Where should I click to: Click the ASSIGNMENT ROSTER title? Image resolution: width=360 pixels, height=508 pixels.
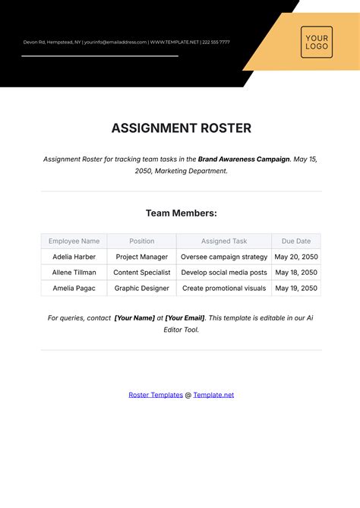pos(181,128)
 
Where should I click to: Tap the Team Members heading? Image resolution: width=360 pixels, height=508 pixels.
pos(181,213)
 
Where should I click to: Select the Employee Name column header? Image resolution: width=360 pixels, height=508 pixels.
pos(74,241)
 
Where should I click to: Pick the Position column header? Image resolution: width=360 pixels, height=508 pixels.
pos(141,241)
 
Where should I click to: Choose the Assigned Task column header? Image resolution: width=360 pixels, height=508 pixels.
pos(224,241)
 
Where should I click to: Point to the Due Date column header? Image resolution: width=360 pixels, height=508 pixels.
pos(296,241)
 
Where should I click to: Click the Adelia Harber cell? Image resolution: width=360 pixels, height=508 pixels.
pos(74,257)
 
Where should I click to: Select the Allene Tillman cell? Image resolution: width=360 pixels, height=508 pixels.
pos(74,273)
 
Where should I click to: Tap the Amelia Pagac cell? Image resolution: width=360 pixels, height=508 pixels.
pos(74,289)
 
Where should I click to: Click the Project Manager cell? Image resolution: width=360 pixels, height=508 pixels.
pos(141,257)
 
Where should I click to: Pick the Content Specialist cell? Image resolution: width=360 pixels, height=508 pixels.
pos(141,273)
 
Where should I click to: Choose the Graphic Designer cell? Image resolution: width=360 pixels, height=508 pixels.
pos(141,289)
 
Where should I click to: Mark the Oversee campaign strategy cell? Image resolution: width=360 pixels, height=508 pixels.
pos(224,257)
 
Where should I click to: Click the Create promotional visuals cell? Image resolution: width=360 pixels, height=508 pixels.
pos(224,289)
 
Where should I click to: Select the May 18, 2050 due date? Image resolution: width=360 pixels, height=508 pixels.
pos(296,273)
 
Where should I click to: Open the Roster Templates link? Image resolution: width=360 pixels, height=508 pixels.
pos(156,395)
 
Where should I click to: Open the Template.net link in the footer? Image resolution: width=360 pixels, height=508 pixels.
pos(213,395)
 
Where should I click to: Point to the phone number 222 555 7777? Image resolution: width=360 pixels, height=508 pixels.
pos(216,43)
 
